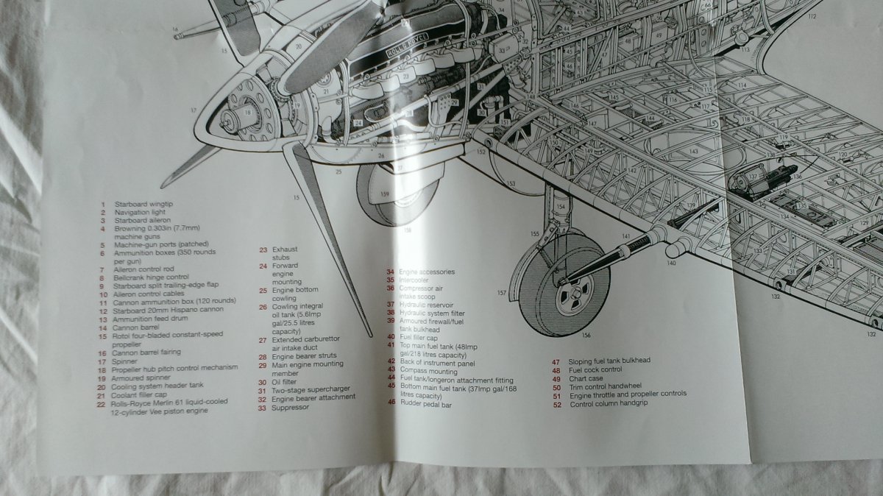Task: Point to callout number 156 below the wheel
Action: pos(586,336)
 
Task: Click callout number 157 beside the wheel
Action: pos(502,293)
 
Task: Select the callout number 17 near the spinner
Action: pos(194,111)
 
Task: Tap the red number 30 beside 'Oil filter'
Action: pos(262,382)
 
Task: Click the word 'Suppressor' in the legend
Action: pos(290,407)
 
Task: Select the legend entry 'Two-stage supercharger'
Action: pos(311,389)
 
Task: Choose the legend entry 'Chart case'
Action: pos(586,378)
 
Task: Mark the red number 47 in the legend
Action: pos(557,361)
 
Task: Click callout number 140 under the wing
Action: pos(671,262)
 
